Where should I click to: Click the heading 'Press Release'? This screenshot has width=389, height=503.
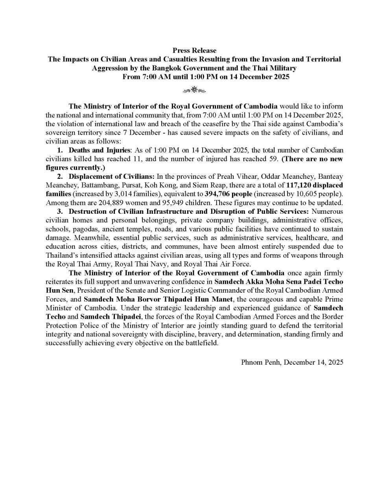click(194, 50)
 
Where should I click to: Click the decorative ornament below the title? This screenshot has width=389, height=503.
click(194, 91)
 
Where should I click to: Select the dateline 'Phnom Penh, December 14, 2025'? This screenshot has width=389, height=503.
click(292, 362)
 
